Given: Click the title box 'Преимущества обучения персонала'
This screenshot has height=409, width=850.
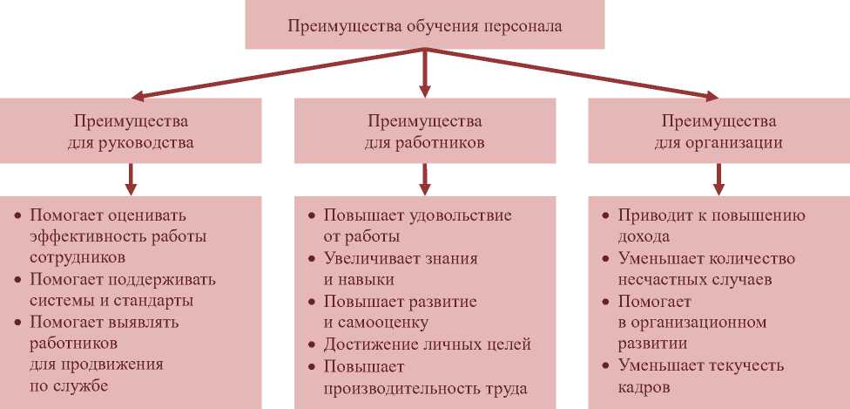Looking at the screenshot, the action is click(424, 24).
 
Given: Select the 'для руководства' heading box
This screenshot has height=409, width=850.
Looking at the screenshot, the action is click(131, 130).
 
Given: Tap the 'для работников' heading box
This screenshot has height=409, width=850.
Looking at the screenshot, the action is click(425, 130).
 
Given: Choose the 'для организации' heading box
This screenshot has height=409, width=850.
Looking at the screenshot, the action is click(718, 130).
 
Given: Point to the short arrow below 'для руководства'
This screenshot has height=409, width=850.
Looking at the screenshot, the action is click(131, 180).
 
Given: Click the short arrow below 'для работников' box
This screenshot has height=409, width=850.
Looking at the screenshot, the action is click(425, 180).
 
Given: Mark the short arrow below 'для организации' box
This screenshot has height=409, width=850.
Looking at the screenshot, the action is click(718, 180).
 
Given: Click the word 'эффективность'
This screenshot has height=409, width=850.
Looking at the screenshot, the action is click(85, 237).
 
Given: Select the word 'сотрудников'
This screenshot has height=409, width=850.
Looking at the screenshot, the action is click(78, 258).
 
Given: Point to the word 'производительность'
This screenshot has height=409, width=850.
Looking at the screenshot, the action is click(400, 389).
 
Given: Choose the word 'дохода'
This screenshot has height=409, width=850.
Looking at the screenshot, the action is click(644, 237).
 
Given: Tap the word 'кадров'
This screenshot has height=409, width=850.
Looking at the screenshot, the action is click(644, 389).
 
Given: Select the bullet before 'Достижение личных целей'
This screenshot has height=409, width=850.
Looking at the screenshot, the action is click(312, 345).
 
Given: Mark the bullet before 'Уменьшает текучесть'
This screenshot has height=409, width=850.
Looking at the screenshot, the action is click(605, 366).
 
